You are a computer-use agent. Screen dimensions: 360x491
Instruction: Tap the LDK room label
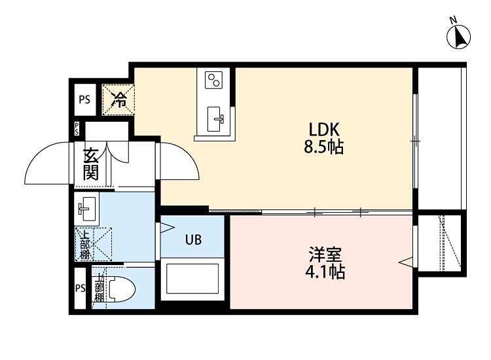[323, 130]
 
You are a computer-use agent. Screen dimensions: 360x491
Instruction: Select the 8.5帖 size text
[323, 147]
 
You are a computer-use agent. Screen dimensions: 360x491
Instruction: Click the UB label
[192, 240]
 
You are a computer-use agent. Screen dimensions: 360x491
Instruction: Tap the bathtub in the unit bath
[192, 278]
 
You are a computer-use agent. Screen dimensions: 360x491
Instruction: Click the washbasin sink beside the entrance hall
[86, 209]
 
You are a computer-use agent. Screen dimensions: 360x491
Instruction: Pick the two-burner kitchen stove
[214, 81]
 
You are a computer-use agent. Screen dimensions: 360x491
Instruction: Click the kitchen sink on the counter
[216, 118]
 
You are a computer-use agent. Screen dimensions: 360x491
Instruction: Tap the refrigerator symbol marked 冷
[118, 99]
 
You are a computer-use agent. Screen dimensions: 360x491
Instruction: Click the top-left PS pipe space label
[85, 100]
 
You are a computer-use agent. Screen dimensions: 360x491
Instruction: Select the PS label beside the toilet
[81, 289]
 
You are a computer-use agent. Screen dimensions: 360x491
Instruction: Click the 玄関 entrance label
[90, 164]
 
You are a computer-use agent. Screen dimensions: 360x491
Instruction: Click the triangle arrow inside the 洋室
[406, 263]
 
